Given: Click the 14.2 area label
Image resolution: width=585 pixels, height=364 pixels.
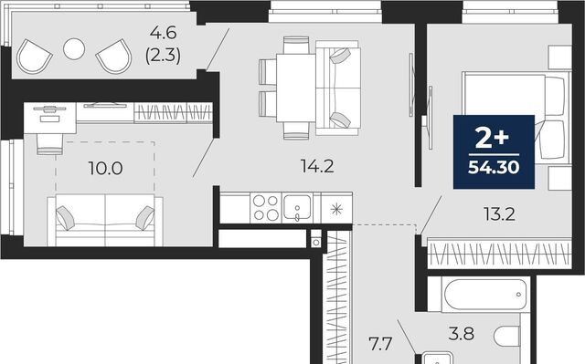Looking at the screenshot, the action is coord(317,166).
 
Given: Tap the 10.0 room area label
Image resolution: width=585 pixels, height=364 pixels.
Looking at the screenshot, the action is coord(106,169).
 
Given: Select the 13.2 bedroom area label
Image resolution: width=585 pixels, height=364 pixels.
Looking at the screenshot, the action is coord(499,214).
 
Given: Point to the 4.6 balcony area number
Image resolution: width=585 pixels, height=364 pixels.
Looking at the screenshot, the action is coord(163,33).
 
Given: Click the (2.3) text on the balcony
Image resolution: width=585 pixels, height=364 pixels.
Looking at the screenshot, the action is coord(163,56).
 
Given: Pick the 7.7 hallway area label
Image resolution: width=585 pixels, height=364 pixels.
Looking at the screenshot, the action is coord(379,344).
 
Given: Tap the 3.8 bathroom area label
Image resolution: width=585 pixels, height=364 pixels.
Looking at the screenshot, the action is coord(462,334).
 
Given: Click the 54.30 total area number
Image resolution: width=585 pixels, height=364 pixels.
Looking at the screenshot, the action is coord(494,168).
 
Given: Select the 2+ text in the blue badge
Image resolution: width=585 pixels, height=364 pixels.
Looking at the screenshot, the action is coord(493,139).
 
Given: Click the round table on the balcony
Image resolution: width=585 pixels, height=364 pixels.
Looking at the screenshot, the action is coord(74,48).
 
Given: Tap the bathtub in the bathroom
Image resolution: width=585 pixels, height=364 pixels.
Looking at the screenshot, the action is coord(485,295).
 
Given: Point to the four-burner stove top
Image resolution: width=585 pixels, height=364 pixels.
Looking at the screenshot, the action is coord(266,208).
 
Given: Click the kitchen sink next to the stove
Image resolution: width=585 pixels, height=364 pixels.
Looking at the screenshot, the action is coord(297,208).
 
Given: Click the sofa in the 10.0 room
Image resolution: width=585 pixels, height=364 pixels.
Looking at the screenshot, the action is coord(105,221).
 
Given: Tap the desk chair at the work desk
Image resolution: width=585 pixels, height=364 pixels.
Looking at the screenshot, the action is coord(49,143).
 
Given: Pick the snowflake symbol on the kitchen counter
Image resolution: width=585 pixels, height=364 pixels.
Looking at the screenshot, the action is coord(336,210).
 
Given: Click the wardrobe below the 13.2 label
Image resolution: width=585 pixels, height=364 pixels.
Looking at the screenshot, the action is coord(500,255).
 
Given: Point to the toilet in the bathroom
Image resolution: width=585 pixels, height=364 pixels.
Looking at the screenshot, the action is coord(507,337).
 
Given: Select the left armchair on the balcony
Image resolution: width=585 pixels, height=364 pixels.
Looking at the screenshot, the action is coord(34,57).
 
